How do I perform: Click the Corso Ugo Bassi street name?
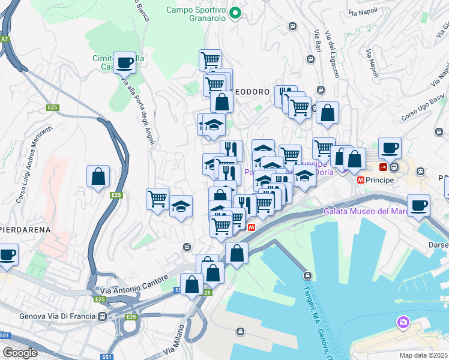point(422,105)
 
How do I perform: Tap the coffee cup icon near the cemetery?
point(124,62)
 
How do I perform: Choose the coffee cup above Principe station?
point(390,148)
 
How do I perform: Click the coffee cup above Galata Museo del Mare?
point(419,205)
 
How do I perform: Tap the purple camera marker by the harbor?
point(403,323)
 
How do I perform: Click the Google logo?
point(20,352)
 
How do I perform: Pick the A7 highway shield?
point(5,39)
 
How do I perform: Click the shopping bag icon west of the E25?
point(98,177)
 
